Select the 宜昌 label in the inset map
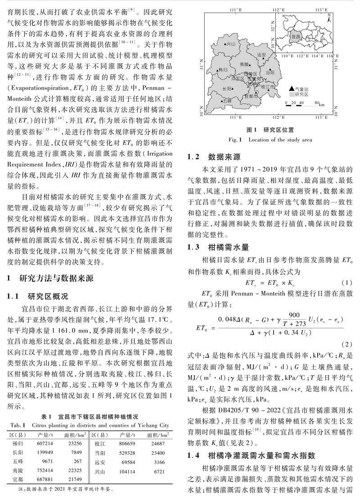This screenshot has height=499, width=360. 297,34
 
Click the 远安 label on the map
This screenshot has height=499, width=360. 261,54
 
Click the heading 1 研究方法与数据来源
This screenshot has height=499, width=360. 54,278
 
